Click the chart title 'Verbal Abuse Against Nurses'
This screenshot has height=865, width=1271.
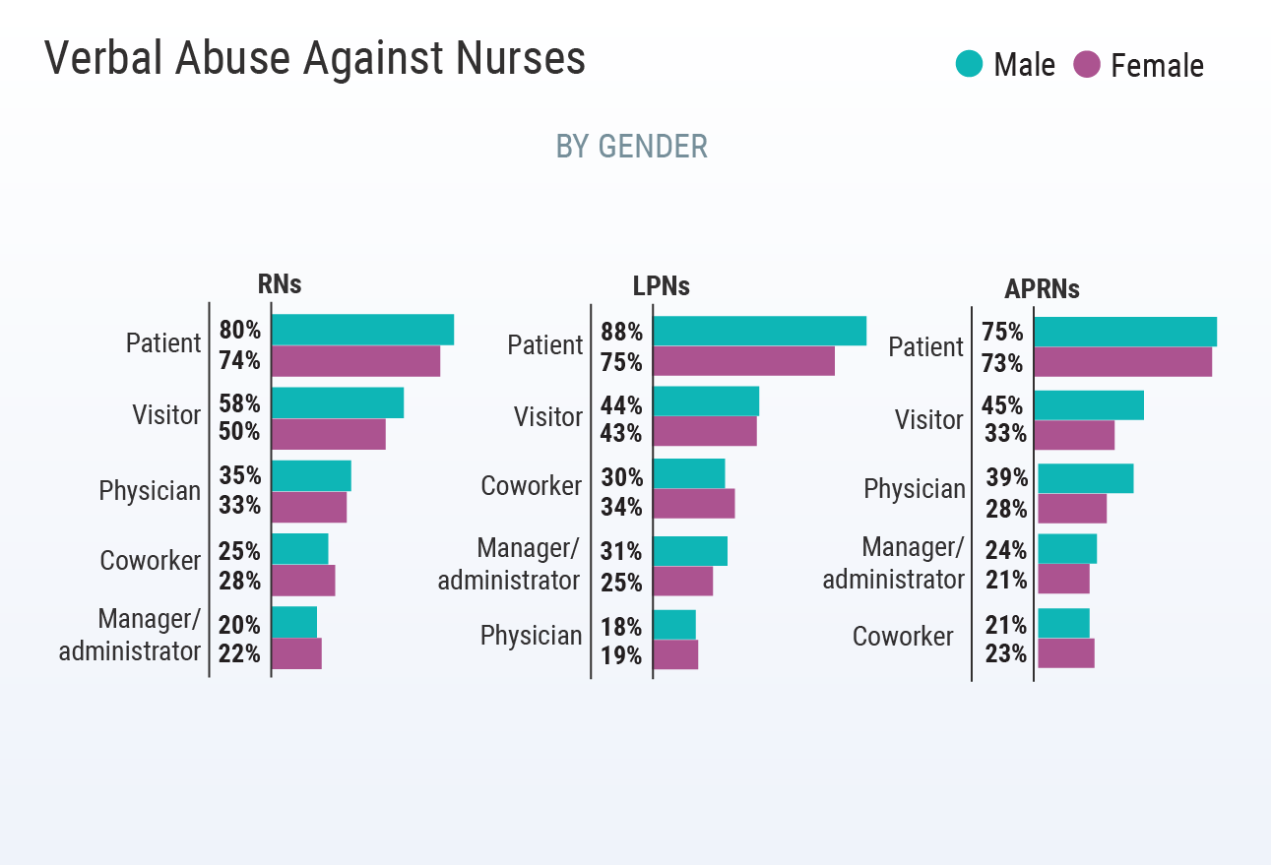(x=315, y=59)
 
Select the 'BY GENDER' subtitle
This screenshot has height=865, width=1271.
(x=631, y=147)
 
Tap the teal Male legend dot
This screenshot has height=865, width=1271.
(x=969, y=65)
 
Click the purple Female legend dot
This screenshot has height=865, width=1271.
(x=1087, y=65)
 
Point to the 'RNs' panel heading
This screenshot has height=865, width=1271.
(x=280, y=284)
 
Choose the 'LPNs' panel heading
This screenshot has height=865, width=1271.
(x=661, y=286)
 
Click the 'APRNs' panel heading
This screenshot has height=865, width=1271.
(x=1042, y=289)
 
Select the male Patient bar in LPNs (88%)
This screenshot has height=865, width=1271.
(x=759, y=331)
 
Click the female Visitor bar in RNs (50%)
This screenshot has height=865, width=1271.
(x=328, y=434)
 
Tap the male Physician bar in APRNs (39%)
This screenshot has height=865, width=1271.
(x=1085, y=478)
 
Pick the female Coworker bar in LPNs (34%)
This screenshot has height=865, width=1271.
(x=693, y=504)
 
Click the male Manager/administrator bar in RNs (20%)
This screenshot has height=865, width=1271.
(x=293, y=622)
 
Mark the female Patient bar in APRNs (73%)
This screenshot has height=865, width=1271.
(x=1122, y=362)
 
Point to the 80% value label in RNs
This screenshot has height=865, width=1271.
(x=239, y=330)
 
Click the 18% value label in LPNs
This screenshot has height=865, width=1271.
(x=621, y=627)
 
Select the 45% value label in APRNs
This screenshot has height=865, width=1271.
(x=1002, y=405)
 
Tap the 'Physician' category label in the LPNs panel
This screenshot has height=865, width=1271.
(x=531, y=636)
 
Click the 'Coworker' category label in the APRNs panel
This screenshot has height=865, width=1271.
(x=902, y=637)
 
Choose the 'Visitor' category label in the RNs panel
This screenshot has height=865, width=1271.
(x=166, y=414)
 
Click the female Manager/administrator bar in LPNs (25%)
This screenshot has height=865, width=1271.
(x=682, y=581)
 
